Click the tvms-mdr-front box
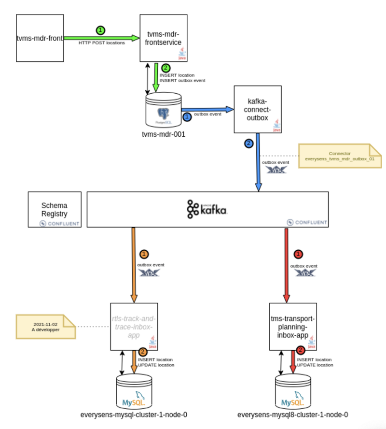pos(40,38)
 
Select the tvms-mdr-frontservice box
pos(164,38)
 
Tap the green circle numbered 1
pos(100,30)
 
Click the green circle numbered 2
pos(165,68)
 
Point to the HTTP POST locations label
pos(102,43)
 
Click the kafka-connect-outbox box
pos(258,109)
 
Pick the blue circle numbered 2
pos(248,143)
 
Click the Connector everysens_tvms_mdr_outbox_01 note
pos(340,156)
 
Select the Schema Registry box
pos(54,209)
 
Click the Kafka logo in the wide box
pos(207,209)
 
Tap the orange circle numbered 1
pos(144,254)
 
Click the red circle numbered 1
pos(299,254)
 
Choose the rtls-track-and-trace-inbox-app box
pos(135,326)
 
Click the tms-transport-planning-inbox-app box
pos(293,326)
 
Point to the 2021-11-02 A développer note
pos(45,327)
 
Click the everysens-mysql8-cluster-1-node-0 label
pos(293,415)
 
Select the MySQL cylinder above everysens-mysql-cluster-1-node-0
pos(134,392)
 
